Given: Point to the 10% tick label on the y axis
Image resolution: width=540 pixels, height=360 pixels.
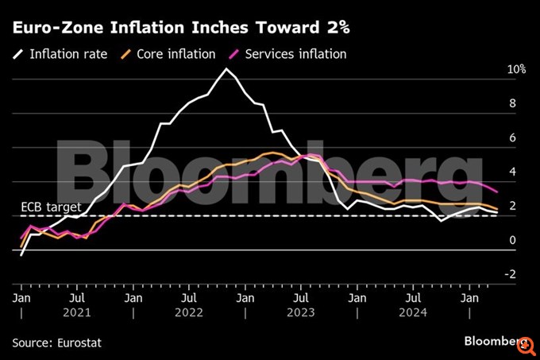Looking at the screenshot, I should coord(517,70).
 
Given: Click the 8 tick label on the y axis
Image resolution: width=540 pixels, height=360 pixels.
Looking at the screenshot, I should coord(512,103).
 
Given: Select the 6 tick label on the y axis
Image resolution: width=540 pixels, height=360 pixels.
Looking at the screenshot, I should coord(512,137).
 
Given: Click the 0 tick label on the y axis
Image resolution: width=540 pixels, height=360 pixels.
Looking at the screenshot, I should coord(512,240).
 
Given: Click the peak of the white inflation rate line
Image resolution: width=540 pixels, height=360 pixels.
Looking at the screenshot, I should coord(226,69).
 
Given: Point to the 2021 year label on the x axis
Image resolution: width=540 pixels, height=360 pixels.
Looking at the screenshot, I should coord(77,312).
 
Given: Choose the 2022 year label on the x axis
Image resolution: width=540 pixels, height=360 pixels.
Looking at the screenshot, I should coord(190,312).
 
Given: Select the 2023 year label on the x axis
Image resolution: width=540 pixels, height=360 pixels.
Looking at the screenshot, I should coord(301,312).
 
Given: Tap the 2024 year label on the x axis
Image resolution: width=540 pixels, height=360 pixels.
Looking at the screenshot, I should coord(413,312).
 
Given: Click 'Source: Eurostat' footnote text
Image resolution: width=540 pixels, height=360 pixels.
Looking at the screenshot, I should coord(57,343).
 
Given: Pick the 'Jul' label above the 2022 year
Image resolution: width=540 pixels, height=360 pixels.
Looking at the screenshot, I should coord(188,298).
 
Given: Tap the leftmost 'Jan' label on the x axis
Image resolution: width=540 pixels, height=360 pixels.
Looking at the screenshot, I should coord(21,298).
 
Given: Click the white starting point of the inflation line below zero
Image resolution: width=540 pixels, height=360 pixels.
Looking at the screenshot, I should coord(21,255).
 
